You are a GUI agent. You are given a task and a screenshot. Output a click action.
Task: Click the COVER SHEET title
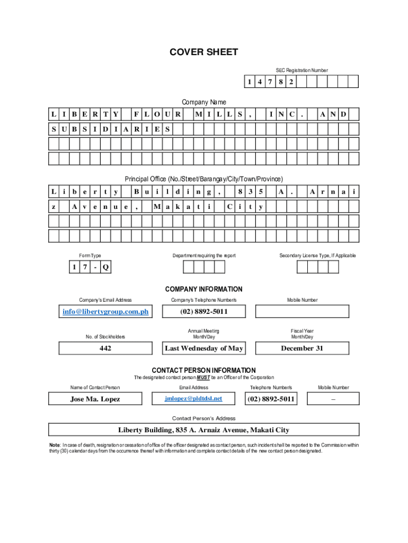click(203, 52)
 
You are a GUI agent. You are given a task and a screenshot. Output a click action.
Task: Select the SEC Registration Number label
click(301, 70)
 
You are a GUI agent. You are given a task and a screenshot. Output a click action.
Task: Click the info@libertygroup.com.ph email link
click(105, 311)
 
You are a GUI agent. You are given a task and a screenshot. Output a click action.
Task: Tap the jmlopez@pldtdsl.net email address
click(193, 398)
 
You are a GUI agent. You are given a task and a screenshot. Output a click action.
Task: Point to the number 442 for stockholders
click(105, 348)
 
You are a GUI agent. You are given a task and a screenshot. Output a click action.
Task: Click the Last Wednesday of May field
click(204, 348)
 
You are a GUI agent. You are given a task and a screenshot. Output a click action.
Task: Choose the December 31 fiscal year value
click(301, 348)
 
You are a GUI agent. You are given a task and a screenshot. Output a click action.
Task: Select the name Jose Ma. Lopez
click(95, 399)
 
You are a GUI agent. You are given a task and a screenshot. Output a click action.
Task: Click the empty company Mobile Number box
click(302, 311)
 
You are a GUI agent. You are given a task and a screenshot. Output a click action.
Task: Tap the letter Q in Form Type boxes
click(106, 267)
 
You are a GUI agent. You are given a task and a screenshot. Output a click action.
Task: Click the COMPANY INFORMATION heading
click(203, 290)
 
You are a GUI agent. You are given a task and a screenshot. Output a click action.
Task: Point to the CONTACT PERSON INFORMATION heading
click(203, 370)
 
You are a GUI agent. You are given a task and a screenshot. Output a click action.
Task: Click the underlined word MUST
click(204, 378)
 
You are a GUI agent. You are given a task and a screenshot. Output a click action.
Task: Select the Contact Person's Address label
click(203, 418)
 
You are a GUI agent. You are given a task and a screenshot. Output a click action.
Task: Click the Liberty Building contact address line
click(203, 430)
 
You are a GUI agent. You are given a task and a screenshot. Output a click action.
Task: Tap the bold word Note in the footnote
click(54, 444)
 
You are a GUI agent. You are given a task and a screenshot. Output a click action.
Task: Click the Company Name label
click(204, 102)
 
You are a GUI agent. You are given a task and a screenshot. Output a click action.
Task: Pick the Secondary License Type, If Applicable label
click(318, 256)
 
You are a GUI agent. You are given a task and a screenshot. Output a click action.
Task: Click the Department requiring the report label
click(204, 256)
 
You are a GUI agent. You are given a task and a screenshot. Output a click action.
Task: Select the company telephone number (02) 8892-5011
click(204, 311)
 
